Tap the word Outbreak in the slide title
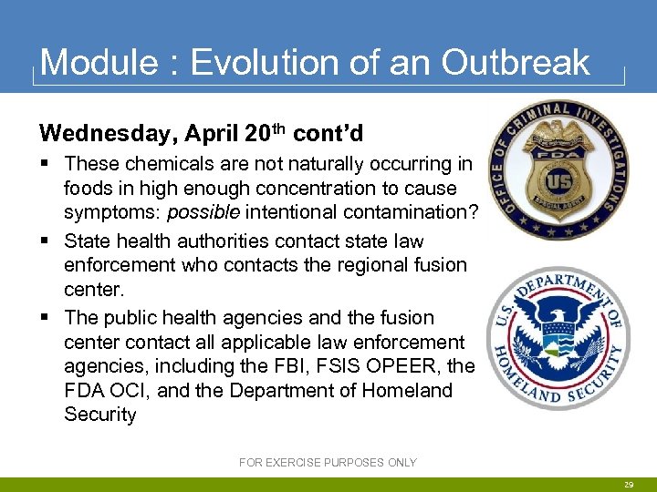point(516,62)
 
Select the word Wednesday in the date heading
point(109,134)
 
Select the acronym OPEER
point(419,366)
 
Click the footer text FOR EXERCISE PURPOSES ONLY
point(328,463)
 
